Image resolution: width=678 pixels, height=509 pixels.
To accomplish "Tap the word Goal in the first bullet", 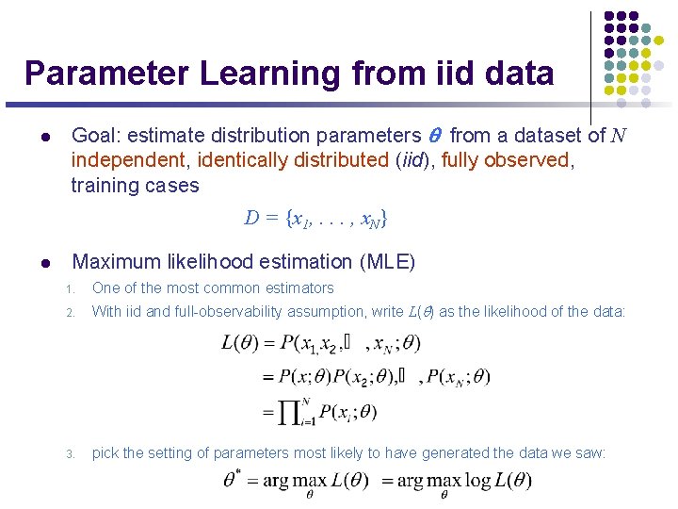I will [93, 136].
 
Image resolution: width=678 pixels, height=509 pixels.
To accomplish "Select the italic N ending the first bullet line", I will [618, 136].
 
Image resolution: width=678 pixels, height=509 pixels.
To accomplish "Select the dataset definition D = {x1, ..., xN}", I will [315, 219].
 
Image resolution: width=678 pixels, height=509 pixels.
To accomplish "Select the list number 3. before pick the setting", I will [70, 454].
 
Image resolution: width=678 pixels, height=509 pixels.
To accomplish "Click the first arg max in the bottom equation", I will [290, 481].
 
